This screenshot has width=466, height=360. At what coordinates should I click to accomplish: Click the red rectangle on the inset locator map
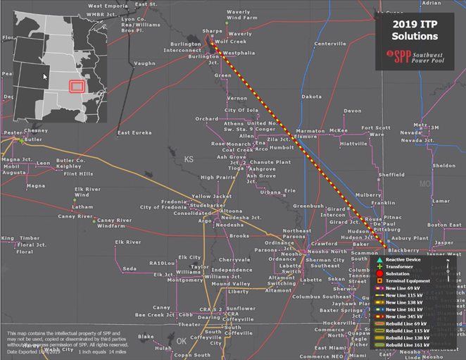pyautogui.click(x=77, y=86)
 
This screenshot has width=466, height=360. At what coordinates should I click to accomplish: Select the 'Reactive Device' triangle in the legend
pyautogui.click(x=379, y=261)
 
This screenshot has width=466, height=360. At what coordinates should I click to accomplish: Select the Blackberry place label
pyautogui.click(x=403, y=250)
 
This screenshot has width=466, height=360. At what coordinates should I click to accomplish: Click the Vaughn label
pyautogui.click(x=144, y=63)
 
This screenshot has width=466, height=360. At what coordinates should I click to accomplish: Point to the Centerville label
pyautogui.click(x=330, y=44)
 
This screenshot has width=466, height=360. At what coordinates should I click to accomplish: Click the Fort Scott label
pyautogui.click(x=375, y=128)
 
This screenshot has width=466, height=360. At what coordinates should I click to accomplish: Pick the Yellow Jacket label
pyautogui.click(x=212, y=196)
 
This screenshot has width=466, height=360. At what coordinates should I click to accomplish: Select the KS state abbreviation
pyautogui.click(x=189, y=160)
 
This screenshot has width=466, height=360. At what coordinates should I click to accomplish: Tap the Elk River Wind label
pyautogui.click(x=88, y=192)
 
